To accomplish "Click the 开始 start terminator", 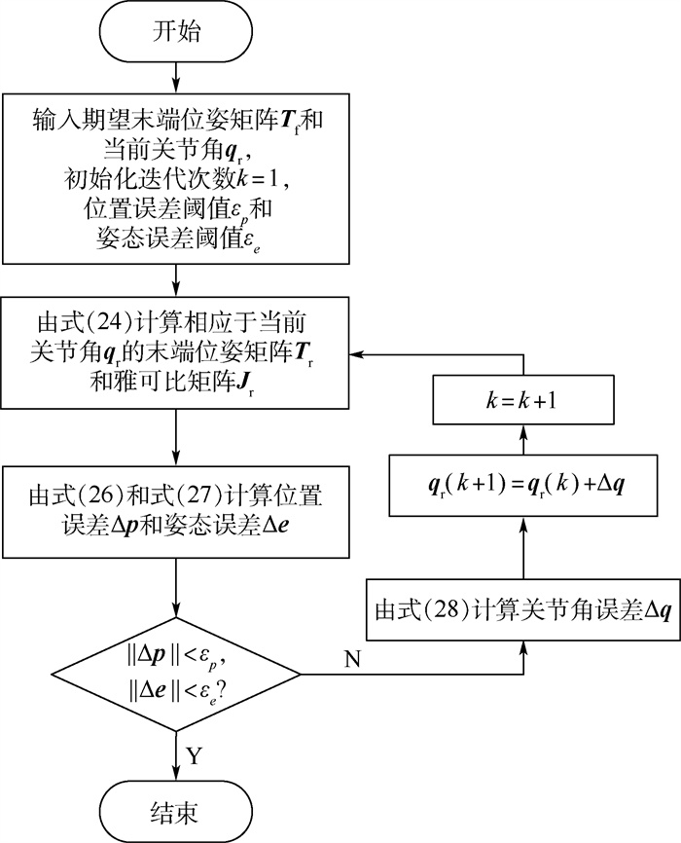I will coord(175,33).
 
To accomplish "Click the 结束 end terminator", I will coord(175,810).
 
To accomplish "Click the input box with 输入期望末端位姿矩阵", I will coord(175,179).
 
